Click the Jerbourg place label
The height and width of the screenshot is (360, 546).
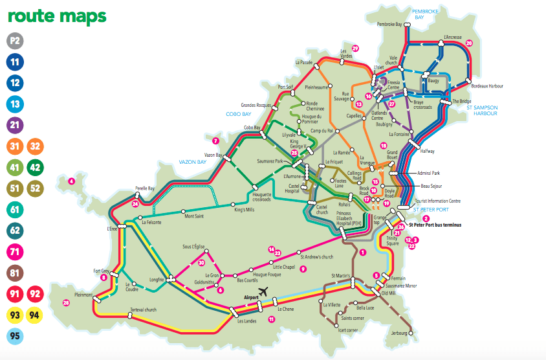(x=402, y=333)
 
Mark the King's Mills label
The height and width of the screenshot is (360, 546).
(x=245, y=210)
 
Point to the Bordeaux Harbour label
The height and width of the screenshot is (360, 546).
(x=487, y=86)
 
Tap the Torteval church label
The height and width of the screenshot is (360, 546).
(x=143, y=309)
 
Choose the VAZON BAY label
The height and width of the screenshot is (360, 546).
(x=191, y=163)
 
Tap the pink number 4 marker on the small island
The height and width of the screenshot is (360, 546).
(x=72, y=181)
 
